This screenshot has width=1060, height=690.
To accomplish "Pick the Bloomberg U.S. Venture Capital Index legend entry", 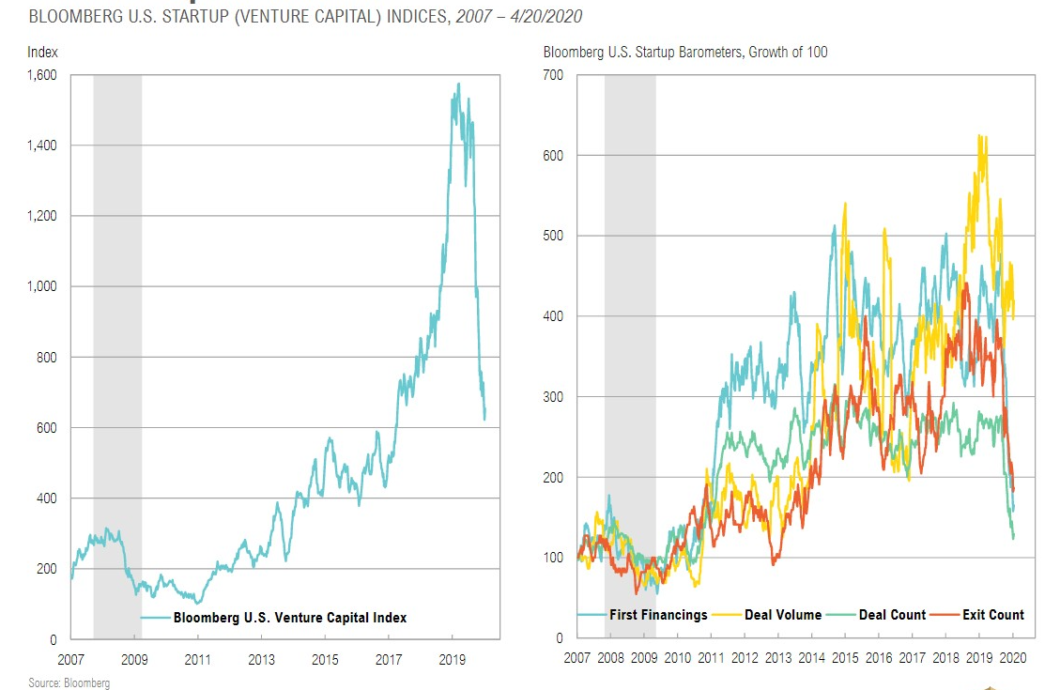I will pos(289,617).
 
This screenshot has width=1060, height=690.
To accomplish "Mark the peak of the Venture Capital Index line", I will pos(457,84).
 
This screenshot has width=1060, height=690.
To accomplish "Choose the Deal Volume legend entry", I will pos(782,615).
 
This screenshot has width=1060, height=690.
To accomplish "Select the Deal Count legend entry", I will pos(892,615).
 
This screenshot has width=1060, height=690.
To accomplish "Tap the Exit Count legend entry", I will pos(993,615).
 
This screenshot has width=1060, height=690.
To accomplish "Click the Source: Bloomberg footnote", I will pos(69,683).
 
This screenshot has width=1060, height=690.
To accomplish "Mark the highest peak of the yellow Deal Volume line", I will pos(980,135).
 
